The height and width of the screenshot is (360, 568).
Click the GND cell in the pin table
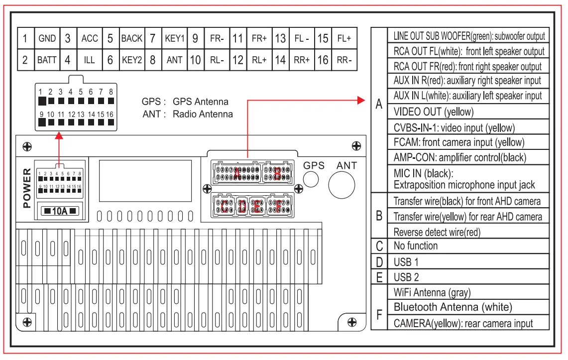pos(47,38)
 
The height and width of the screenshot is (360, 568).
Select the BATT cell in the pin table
pos(47,60)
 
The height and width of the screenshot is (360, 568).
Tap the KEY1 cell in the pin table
pos(175,38)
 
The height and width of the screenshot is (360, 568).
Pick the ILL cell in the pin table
pos(89,60)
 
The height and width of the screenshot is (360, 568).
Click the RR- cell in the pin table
pos(344,60)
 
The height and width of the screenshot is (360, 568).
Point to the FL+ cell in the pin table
pos(344,38)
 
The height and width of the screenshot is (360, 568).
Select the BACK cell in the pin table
pos(132,38)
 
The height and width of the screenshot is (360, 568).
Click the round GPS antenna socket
pos(311,180)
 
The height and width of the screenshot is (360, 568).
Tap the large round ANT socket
pos(341,185)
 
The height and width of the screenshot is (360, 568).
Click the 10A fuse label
pos(60,211)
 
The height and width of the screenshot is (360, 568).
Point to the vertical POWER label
pos(27,188)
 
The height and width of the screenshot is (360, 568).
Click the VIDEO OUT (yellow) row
pos(433,112)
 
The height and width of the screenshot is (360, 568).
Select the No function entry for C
pos(416,246)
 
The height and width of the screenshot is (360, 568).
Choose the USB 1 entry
pos(406,262)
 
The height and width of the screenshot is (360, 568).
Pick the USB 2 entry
pos(406,277)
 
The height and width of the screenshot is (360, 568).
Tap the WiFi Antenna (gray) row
pos(432,292)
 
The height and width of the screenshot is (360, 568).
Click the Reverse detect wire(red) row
pos(437,232)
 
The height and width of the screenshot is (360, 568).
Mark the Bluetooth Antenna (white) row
pos(453,307)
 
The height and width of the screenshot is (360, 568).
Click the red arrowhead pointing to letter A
pos(362,100)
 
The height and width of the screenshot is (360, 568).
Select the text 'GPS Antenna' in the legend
pos(201,102)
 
